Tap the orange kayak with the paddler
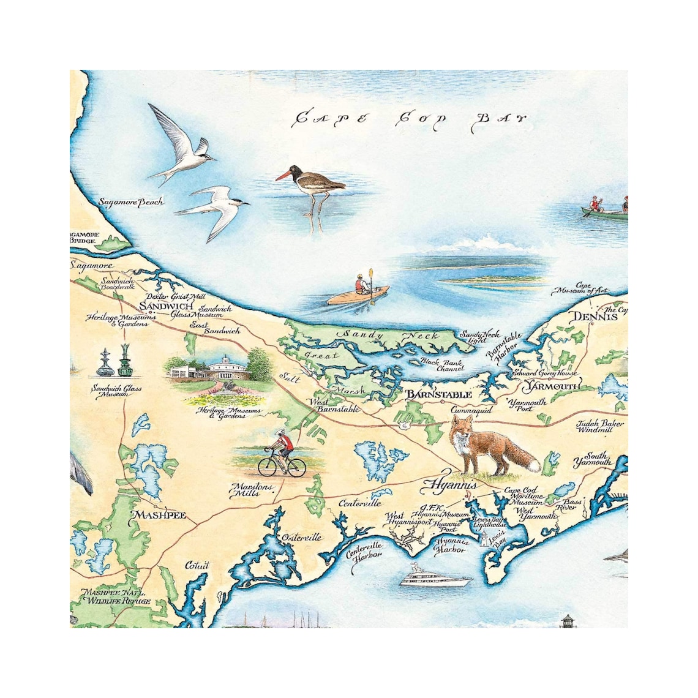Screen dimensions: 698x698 point(358,294)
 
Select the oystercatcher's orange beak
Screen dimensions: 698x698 point(283,176)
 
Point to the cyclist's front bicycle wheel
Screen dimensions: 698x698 point(267,467)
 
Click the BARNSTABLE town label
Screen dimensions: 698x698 point(439,394)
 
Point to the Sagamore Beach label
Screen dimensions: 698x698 point(131,202)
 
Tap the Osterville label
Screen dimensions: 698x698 point(301,537)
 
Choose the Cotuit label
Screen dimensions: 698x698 point(197,565)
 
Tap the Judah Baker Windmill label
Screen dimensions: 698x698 point(600,427)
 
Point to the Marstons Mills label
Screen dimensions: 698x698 point(249,490)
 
